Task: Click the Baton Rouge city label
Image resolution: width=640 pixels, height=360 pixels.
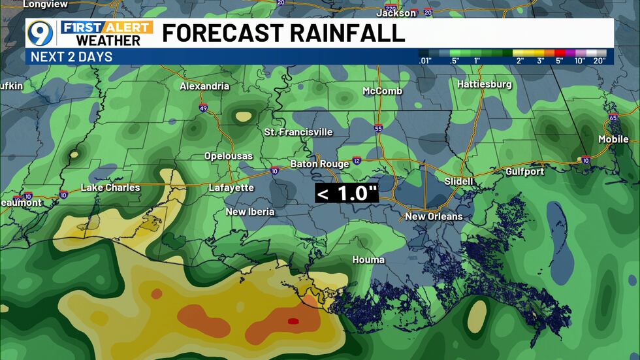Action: click(317, 163)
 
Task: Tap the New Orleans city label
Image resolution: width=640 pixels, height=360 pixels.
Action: click(434, 216)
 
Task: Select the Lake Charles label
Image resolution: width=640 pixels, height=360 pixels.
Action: click(110, 188)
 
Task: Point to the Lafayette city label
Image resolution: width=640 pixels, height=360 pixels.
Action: click(231, 188)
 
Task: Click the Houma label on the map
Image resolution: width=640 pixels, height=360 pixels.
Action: click(368, 259)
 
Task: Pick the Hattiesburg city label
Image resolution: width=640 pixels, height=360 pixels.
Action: click(485, 84)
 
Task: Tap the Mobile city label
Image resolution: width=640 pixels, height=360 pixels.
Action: click(613, 139)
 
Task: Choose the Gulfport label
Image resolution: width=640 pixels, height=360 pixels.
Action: click(524, 171)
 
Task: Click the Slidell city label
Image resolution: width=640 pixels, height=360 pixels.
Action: click(458, 180)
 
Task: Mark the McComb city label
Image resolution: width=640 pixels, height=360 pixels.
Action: click(383, 91)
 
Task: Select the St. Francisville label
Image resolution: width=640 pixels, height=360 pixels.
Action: click(298, 132)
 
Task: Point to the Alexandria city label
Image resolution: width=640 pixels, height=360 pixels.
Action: click(205, 86)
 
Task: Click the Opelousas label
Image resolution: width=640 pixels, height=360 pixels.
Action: click(228, 156)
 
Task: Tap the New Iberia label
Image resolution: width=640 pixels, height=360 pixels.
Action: click(250, 211)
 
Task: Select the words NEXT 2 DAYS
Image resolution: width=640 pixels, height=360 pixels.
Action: click(71, 57)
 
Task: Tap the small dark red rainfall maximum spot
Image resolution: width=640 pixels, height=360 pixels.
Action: click(293, 321)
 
